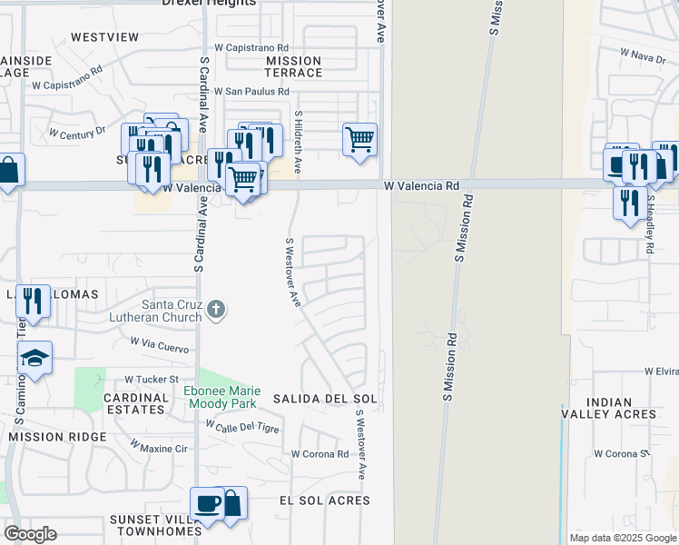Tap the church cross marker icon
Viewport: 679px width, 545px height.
coord(216,310)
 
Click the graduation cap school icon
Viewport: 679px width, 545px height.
coord(35,357)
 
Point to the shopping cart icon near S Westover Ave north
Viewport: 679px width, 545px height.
coord(359,140)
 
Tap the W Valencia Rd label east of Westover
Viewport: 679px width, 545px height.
coord(421,185)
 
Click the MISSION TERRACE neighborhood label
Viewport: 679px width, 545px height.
coord(293,66)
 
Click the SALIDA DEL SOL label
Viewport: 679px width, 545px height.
coord(325,400)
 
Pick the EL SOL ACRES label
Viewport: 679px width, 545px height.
coord(324,500)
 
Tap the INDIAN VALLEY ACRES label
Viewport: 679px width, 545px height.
coord(621,408)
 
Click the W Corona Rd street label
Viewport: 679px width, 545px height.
coord(320,454)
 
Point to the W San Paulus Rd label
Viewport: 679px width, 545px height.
coord(251,92)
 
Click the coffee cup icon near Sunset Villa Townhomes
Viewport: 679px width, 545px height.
coord(207,502)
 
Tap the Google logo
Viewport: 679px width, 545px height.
coord(30,534)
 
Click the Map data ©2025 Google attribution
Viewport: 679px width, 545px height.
coord(623,538)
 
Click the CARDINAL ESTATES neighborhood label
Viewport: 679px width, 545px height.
coord(136,403)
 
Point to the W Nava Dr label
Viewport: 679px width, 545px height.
coord(643,57)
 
